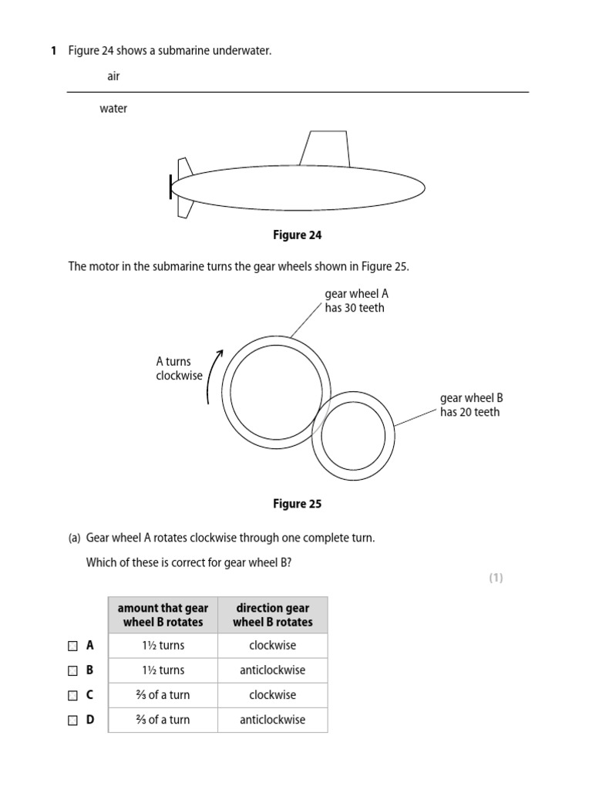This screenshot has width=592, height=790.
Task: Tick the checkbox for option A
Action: (72, 646)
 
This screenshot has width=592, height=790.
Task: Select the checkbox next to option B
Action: (72, 670)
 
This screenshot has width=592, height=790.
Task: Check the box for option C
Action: (72, 695)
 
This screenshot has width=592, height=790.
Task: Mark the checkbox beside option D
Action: (72, 720)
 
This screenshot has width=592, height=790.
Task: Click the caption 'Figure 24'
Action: (297, 235)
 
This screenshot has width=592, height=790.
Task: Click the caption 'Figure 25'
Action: (297, 504)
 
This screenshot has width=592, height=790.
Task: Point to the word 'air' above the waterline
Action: (113, 76)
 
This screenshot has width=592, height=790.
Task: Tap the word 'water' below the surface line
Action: (113, 109)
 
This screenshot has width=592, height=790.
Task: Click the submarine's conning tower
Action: (325, 149)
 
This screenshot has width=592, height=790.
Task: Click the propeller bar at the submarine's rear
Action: (171, 187)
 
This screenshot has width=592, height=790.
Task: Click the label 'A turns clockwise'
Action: (179, 369)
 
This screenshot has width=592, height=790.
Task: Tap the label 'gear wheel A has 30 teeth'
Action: (355, 301)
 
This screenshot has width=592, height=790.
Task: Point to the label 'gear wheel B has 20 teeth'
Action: (471, 405)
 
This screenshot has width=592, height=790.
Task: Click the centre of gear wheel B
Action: (353, 436)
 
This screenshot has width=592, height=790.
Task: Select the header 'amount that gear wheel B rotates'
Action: (163, 615)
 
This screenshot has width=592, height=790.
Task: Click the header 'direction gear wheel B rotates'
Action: (272, 615)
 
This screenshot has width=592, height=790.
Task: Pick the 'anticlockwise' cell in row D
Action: (272, 720)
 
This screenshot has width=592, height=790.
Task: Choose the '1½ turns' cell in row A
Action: (163, 646)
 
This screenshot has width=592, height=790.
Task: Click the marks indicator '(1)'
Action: (496, 578)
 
